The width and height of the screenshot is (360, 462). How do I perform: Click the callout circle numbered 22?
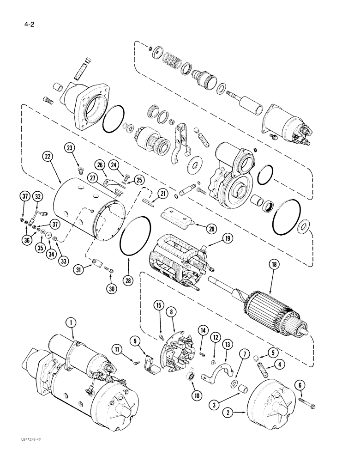click(x=48, y=157)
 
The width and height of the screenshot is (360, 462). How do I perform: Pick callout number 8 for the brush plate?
click(x=172, y=312)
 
